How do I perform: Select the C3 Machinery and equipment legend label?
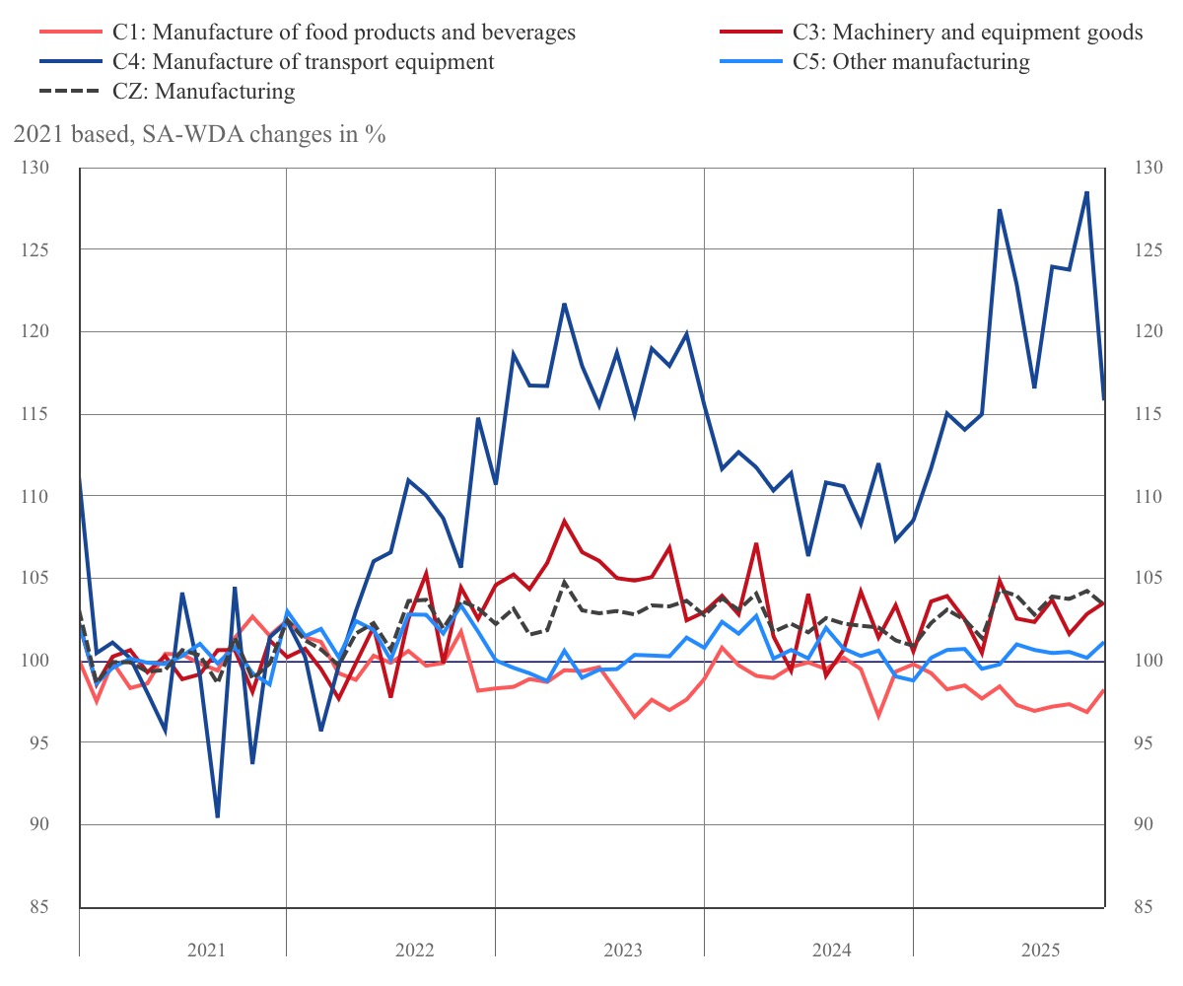[967, 33]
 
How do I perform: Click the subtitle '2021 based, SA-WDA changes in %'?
[198, 135]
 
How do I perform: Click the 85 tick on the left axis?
[39, 906]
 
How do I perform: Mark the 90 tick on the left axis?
[39, 824]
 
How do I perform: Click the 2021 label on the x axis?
[207, 951]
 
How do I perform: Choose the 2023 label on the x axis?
[623, 951]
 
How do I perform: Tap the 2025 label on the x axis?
[1040, 951]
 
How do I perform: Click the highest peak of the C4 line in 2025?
[1086, 192]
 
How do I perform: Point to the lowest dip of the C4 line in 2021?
[217, 816]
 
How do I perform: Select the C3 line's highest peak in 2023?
[564, 520]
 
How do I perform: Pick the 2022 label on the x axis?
[415, 951]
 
